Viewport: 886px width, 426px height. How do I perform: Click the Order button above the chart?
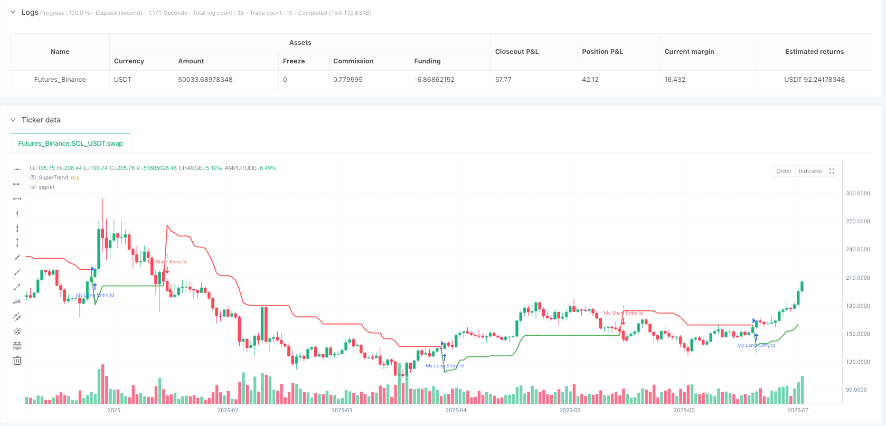[x=784, y=171]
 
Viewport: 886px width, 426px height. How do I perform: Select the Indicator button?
[x=810, y=171]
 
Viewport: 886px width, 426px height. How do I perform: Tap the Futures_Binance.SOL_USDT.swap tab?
[x=70, y=143]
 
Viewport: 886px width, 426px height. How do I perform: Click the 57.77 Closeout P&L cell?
[x=503, y=80]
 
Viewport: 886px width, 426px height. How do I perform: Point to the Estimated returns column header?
[x=814, y=52]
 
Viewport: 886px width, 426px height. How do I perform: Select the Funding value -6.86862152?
[x=434, y=80]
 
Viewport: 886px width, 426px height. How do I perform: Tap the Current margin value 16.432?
[x=674, y=80]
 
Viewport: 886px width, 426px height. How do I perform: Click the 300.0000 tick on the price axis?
[x=857, y=194]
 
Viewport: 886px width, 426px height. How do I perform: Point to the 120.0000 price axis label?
[x=857, y=362]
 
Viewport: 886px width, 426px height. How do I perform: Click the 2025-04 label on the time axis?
[x=456, y=410]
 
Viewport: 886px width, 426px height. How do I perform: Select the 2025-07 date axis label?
[x=797, y=410]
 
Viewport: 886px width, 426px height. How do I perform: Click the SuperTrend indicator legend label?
[x=53, y=178]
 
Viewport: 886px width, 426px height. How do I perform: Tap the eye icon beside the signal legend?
[x=33, y=187]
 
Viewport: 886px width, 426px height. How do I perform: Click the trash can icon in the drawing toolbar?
[x=17, y=361]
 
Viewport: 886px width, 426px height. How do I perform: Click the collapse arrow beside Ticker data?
[x=13, y=120]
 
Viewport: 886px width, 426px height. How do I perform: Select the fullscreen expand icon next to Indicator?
[x=832, y=171]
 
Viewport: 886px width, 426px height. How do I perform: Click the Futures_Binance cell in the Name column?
[x=60, y=80]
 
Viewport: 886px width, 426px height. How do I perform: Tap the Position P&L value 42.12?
[x=590, y=80]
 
